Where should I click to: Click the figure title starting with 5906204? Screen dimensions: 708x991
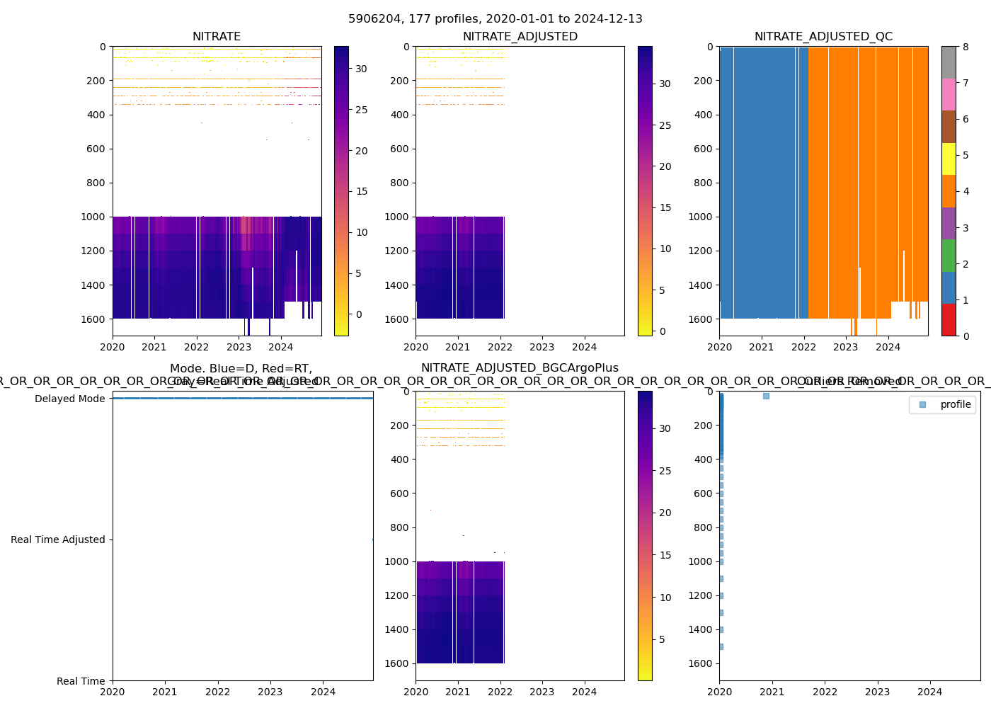click(x=495, y=19)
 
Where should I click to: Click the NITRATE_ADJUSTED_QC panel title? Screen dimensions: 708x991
click(x=823, y=37)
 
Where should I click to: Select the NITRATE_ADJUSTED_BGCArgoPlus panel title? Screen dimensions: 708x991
click(x=520, y=368)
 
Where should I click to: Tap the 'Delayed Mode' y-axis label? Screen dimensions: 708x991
click(x=70, y=399)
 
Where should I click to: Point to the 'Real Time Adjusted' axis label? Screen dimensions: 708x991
click(x=58, y=539)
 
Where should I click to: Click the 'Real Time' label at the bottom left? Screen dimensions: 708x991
click(x=81, y=681)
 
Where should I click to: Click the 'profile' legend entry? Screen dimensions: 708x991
click(x=955, y=404)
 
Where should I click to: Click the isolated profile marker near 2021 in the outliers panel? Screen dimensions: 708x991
click(x=766, y=396)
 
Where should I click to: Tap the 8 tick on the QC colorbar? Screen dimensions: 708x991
click(x=966, y=47)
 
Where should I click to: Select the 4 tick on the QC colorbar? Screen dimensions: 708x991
click(x=966, y=191)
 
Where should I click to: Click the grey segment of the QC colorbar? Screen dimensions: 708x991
click(x=949, y=62)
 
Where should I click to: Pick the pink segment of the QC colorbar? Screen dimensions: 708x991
click(x=949, y=94)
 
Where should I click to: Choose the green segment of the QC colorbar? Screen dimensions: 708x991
click(x=949, y=255)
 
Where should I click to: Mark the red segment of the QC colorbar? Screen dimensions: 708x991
click(x=949, y=319)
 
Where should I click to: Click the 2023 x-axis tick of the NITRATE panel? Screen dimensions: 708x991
click(x=239, y=347)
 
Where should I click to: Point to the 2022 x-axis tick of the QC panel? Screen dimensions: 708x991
click(x=803, y=347)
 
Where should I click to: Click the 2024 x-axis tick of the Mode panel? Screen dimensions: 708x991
click(x=323, y=692)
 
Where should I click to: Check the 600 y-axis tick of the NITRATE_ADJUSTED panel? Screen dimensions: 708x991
click(x=399, y=149)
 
